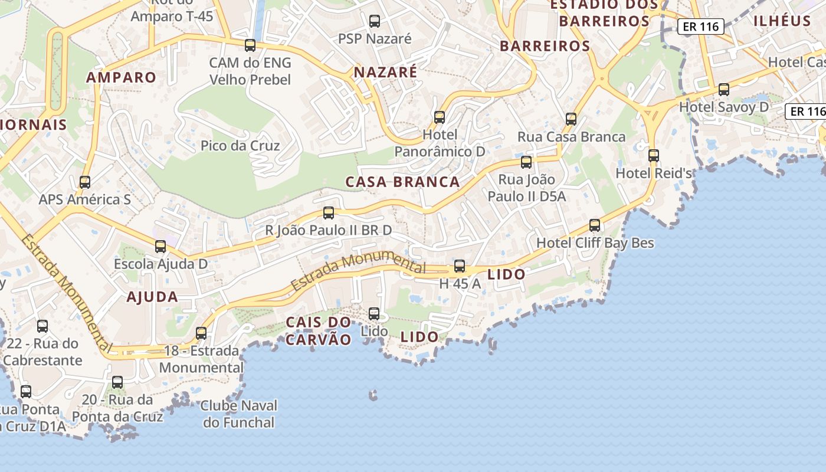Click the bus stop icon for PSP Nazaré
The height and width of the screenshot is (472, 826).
[x=375, y=21]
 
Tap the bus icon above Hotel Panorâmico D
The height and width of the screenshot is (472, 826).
[x=440, y=117]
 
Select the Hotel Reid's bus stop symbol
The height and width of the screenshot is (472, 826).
[x=654, y=156]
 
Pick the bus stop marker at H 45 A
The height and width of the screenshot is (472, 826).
[x=460, y=266]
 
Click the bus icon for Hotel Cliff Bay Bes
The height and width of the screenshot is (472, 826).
[x=595, y=225]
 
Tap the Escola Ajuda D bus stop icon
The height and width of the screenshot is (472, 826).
[x=160, y=247]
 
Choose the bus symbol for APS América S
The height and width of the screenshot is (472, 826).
[x=85, y=182]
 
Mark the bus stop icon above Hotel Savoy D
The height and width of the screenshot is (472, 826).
[x=724, y=90]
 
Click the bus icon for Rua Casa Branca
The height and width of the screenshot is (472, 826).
[x=571, y=119]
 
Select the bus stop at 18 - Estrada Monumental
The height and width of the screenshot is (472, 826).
[x=201, y=333]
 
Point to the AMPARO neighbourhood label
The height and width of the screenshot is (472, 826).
[x=122, y=77]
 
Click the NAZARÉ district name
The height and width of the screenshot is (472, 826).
[x=385, y=72]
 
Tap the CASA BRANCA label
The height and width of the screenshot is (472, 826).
[x=402, y=182]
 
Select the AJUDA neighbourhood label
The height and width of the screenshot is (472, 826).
[x=152, y=297]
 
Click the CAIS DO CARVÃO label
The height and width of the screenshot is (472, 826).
[x=319, y=330]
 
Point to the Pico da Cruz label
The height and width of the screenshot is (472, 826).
[x=240, y=146]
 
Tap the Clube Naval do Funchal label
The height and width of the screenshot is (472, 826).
[x=239, y=414]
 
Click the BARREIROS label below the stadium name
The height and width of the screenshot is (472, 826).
[x=545, y=46]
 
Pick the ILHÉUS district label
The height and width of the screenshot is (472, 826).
[x=782, y=21]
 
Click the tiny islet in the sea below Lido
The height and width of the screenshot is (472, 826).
[x=373, y=395]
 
